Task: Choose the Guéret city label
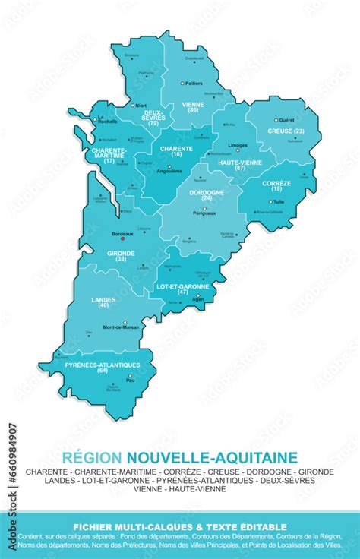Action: click(x=287, y=120)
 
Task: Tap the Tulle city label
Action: click(x=279, y=202)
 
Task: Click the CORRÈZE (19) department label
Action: click(x=276, y=185)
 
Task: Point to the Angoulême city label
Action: click(x=169, y=171)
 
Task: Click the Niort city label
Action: click(x=141, y=106)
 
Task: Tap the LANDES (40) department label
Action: click(x=103, y=302)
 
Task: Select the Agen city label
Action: click(x=199, y=299)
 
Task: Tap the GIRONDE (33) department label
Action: click(x=121, y=256)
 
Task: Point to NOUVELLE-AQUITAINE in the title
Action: click(x=212, y=458)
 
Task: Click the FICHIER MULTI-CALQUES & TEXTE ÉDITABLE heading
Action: click(x=179, y=526)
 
